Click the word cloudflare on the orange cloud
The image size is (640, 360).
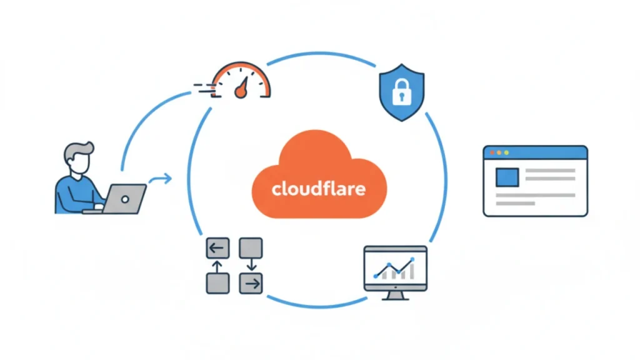319,188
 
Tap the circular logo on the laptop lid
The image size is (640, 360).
124,199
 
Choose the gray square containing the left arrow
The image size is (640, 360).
216,248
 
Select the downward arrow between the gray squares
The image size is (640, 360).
251,265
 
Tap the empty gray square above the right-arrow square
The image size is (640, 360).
251,248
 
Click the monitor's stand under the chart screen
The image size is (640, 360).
395,294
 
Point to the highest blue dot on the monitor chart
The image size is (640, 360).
412,259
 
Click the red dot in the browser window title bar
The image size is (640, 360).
492,152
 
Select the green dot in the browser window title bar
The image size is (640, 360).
506,152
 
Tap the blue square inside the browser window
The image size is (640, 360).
507,177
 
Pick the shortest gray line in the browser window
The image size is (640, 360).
515,203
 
